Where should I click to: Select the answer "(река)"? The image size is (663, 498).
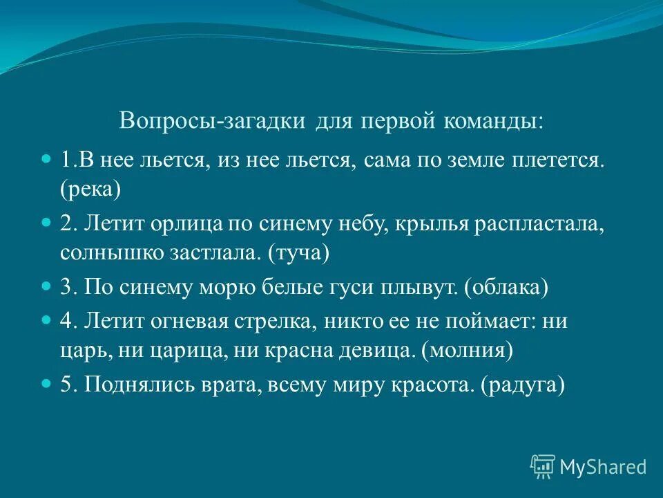(90, 189)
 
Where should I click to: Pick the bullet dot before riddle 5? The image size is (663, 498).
(46, 383)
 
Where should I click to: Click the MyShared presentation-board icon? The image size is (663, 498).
(543, 467)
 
